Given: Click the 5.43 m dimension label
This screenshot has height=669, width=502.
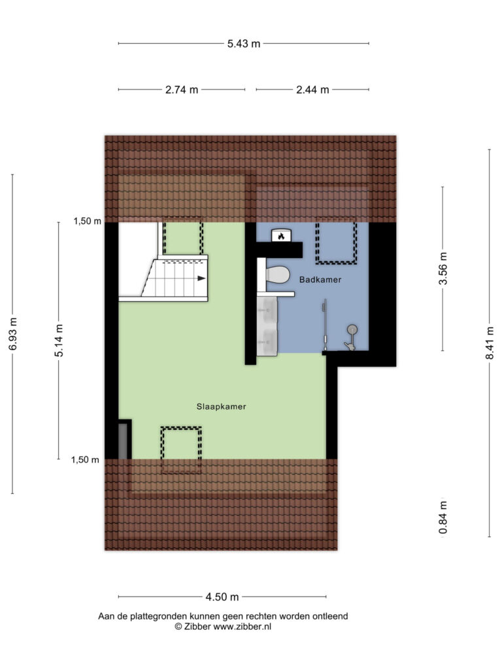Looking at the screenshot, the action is pos(244,44).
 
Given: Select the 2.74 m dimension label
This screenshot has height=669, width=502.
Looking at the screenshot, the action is pos(182,90).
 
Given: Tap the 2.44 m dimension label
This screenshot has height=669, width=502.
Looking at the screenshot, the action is pos(312,90).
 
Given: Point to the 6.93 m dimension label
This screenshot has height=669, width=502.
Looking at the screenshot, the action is pos(13,334).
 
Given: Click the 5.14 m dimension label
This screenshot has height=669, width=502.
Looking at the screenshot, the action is pos(59,340).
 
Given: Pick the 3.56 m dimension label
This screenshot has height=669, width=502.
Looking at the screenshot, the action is pos(444,269).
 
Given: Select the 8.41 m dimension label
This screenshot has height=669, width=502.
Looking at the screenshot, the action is pos(490,342).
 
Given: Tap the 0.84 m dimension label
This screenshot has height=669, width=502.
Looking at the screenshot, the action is pos(444,517).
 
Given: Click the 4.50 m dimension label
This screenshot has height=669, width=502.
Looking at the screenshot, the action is pos(222,597).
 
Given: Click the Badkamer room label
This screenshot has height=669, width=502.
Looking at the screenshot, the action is pos(320,280).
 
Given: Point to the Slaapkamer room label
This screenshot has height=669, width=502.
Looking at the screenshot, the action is pos(221,406).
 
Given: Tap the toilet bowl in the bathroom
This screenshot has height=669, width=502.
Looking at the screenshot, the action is pos(277,274).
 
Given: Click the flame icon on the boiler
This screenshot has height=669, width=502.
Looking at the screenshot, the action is pos(281,236).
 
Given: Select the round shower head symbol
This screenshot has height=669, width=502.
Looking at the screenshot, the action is pos(352,329).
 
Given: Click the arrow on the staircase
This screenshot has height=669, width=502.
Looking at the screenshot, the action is pos(201,278).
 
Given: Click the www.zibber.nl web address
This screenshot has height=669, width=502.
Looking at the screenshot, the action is pos(243,627).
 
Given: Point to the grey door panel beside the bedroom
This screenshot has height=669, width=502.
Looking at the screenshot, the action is pos(122,441).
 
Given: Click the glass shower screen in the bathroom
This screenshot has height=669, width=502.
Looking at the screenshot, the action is pos(326,324).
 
